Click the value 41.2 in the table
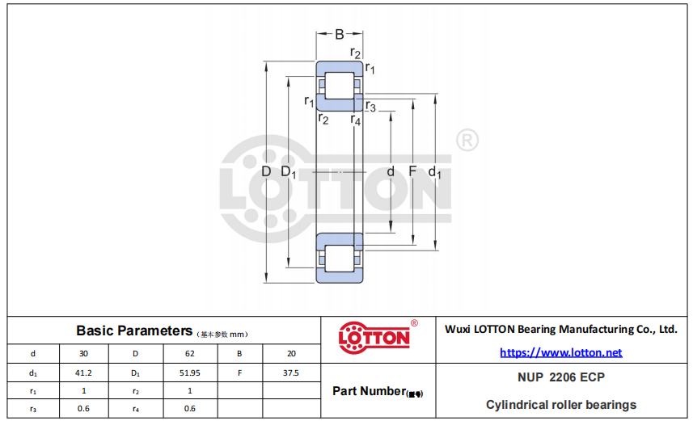(x=83, y=373)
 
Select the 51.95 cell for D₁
(x=189, y=373)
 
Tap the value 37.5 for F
(x=291, y=373)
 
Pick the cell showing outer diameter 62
(x=189, y=353)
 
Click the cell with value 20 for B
(x=291, y=353)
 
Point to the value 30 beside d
(x=83, y=353)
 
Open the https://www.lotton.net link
(x=561, y=352)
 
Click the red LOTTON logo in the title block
(x=374, y=338)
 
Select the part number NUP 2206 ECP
(x=561, y=377)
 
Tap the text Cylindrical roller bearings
(x=561, y=405)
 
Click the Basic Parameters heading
(x=134, y=330)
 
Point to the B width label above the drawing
(x=340, y=34)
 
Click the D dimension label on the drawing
(x=266, y=171)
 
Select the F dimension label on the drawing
(x=412, y=171)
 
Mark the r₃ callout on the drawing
(x=371, y=107)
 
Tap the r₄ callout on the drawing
(x=356, y=120)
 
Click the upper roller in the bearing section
(x=340, y=86)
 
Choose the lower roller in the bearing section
(x=340, y=259)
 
